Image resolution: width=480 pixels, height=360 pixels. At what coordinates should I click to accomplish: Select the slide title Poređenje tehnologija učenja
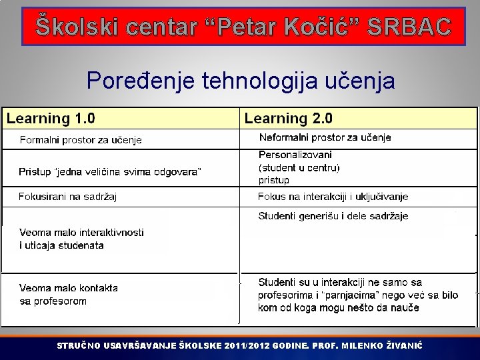click(x=241, y=81)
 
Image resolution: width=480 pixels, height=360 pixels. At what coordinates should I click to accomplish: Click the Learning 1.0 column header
click(x=51, y=119)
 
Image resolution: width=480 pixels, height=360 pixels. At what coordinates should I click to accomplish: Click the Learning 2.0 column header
click(x=289, y=119)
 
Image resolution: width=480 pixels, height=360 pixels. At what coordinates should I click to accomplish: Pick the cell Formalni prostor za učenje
click(x=81, y=140)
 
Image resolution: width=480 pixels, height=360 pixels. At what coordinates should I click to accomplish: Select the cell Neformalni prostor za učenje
click(x=325, y=137)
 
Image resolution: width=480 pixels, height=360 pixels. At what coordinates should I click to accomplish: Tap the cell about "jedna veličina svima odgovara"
click(x=110, y=172)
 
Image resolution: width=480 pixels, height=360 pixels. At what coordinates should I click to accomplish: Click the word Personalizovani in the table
click(x=295, y=155)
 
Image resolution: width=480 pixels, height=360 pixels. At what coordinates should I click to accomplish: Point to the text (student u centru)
click(x=299, y=167)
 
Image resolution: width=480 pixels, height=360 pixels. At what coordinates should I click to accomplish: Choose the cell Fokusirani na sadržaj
click(x=68, y=197)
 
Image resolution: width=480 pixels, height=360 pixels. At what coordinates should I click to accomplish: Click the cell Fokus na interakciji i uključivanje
click(x=333, y=197)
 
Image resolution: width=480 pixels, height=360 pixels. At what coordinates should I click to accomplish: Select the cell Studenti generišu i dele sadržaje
click(x=333, y=216)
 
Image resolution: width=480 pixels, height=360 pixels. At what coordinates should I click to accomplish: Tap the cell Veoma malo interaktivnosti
click(x=81, y=239)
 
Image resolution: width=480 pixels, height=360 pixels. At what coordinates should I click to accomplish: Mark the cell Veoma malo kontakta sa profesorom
click(x=68, y=295)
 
